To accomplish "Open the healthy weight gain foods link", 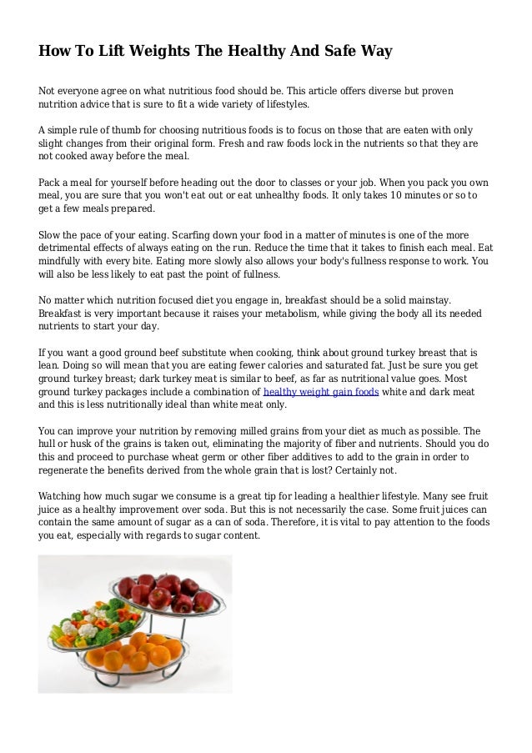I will click(x=321, y=391).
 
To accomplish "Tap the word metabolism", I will click(x=324, y=313).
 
